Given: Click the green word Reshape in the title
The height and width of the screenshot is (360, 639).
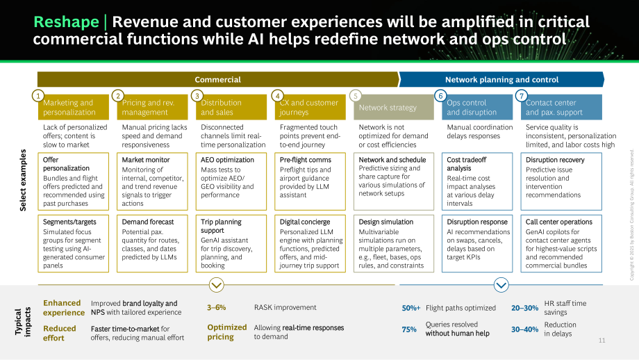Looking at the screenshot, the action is click(66, 22).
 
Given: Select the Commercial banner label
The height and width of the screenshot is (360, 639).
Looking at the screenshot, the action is click(217, 79).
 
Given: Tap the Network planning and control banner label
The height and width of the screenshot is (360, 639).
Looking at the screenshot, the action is click(501, 79).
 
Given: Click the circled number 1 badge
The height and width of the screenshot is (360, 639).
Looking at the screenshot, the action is click(38, 96).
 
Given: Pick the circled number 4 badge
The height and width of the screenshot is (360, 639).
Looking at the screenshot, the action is click(278, 96).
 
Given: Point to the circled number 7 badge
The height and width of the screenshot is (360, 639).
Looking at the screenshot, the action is click(521, 96).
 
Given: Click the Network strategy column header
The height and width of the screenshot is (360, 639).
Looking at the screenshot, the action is click(388, 108).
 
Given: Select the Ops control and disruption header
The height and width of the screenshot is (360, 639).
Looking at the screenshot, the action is click(472, 108).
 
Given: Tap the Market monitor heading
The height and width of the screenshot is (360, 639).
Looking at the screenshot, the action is click(145, 160).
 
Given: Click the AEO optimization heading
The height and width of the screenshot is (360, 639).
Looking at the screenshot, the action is click(227, 160).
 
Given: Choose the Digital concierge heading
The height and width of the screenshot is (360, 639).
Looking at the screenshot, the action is click(305, 222).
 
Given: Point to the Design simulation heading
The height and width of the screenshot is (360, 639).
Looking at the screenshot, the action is click(385, 222).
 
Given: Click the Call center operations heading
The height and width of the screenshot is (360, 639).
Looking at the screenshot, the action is click(558, 222).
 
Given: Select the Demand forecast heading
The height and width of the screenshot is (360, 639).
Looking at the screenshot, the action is click(147, 222).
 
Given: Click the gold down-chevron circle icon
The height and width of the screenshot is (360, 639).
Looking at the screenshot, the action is click(217, 284).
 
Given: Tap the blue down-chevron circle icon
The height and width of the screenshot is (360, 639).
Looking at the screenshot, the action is click(501, 284).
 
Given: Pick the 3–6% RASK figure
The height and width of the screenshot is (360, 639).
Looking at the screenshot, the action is click(217, 307).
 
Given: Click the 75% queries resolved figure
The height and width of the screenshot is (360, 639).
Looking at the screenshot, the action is click(409, 329).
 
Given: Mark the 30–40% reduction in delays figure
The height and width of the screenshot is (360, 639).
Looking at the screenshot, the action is click(525, 329).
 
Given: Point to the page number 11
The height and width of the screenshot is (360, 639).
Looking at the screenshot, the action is click(602, 341).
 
